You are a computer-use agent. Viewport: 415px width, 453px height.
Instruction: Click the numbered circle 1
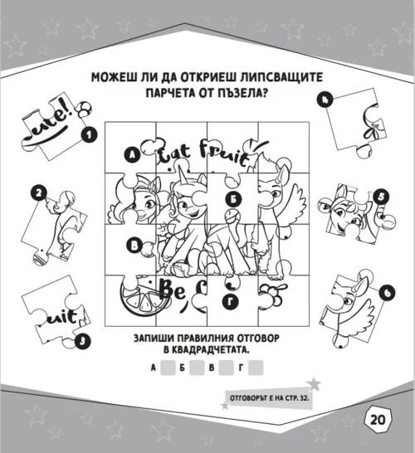click(89, 135)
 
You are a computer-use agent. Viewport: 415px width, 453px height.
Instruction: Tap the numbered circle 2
click(39, 193)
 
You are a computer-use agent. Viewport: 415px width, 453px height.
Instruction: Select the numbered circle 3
click(83, 342)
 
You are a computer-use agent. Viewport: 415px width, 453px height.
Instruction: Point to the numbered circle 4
click(325, 100)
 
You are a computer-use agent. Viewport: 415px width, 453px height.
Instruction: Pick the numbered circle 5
click(381, 197)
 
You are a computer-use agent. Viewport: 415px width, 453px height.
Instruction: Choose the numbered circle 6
click(388, 293)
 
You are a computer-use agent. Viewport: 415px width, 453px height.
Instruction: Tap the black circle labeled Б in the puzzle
click(233, 199)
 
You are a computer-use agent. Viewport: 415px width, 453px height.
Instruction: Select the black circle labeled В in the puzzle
click(134, 246)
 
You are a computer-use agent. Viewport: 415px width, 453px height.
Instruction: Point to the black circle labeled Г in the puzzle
click(231, 302)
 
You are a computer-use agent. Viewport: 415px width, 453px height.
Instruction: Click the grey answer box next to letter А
click(168, 368)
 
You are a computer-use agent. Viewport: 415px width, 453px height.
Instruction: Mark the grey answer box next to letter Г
click(256, 368)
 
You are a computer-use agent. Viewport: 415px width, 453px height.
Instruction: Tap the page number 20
click(378, 420)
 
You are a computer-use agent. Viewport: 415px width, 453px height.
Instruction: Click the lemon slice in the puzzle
click(144, 296)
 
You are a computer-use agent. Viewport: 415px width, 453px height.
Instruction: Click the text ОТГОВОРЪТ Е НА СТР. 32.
click(270, 398)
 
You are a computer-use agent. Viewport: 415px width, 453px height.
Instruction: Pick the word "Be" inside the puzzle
click(173, 290)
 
